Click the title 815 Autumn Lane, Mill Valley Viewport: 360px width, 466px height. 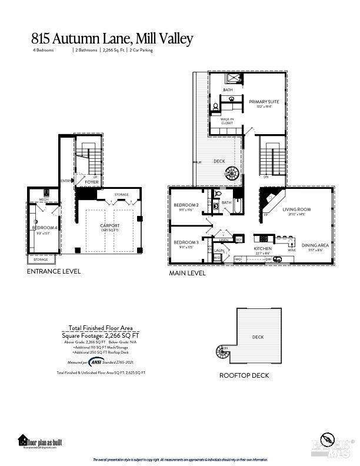(x=112, y=39)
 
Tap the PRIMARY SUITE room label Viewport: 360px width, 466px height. (x=264, y=102)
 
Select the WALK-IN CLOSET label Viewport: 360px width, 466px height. (x=226, y=121)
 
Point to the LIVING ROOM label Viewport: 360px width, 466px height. (x=296, y=209)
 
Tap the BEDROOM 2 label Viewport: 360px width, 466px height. (x=185, y=206)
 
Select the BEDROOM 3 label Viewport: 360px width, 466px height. (x=185, y=242)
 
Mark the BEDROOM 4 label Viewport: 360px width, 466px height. (x=45, y=228)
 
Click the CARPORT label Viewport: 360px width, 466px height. (x=110, y=225)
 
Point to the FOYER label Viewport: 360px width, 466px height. (x=91, y=182)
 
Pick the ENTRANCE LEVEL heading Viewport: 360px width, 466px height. (x=54, y=272)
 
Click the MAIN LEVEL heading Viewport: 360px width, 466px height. (x=187, y=274)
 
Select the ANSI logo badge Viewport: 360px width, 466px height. (x=96, y=362)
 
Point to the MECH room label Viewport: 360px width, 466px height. (x=44, y=199)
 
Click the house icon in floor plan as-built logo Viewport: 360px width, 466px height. (x=23, y=440)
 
